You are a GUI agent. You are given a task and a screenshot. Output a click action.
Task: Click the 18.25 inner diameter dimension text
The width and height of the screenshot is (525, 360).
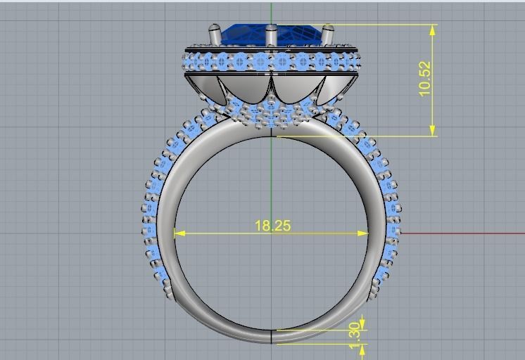272,226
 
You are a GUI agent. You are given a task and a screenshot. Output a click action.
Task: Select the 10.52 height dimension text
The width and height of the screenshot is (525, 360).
424,79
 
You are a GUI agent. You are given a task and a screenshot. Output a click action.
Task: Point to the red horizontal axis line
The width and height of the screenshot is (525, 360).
464,233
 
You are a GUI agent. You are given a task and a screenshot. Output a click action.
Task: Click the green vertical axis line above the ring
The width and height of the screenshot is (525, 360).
271,13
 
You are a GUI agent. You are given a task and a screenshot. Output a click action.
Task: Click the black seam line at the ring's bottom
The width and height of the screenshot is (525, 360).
271,336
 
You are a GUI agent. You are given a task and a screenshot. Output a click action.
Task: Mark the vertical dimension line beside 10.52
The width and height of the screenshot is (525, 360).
432,105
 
